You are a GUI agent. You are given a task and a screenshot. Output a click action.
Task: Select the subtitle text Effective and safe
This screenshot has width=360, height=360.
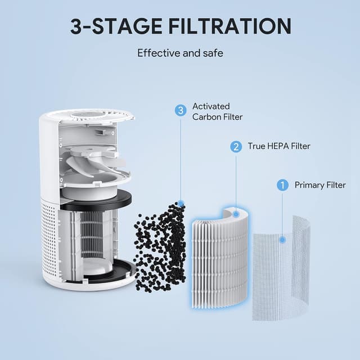(x=180, y=53)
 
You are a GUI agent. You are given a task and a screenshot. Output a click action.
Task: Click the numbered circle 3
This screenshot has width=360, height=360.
(x=181, y=111)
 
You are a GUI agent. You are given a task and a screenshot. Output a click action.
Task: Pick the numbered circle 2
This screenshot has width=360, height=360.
(x=236, y=147)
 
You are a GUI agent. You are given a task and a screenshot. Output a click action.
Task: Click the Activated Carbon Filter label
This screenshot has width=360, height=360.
(x=217, y=111)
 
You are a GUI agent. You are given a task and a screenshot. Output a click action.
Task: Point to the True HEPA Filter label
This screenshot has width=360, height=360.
(x=279, y=147)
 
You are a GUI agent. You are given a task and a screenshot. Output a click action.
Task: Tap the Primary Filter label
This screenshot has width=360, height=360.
(x=320, y=185)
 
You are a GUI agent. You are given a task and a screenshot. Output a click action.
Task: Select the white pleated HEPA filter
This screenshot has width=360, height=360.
(x=219, y=259)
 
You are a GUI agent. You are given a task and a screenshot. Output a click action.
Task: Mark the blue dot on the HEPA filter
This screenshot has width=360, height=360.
(x=236, y=214)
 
